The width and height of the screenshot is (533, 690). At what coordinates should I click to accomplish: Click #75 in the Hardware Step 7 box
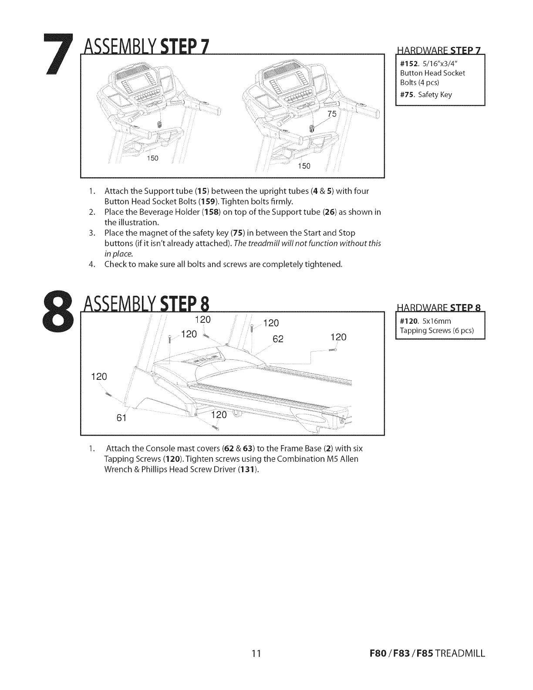coord(408,95)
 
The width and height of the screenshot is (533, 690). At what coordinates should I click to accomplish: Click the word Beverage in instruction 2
coord(147,212)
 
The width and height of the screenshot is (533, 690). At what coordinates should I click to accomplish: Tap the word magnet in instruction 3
coord(144,233)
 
